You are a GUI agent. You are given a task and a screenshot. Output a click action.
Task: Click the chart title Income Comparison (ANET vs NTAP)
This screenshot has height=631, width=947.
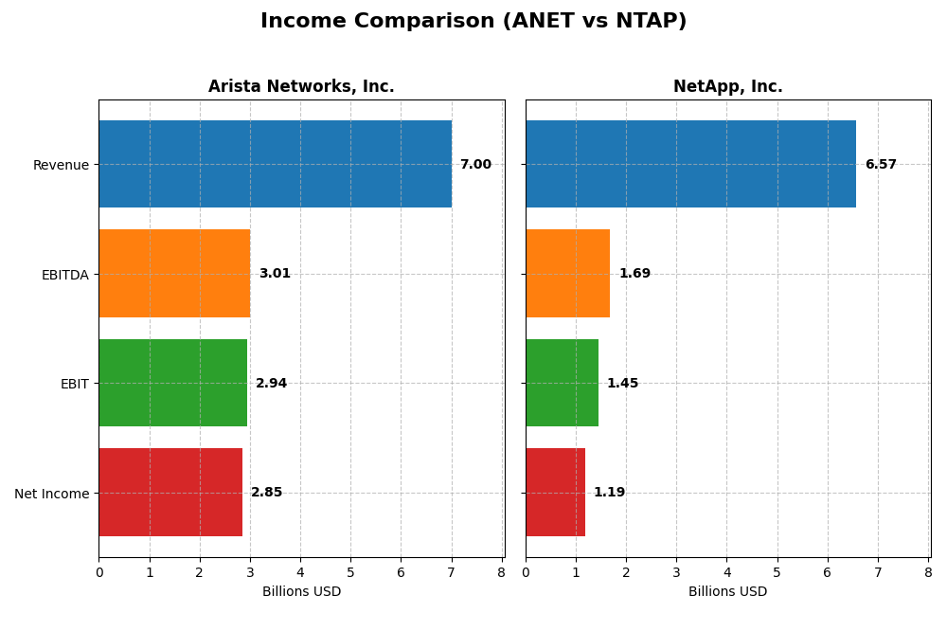point(473,21)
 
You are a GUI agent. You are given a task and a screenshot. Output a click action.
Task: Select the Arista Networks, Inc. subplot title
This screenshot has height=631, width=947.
point(301,86)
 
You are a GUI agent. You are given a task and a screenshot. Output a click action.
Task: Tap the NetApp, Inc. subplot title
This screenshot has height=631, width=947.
point(727,86)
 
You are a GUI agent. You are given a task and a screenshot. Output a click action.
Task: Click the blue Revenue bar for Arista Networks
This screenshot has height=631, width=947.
point(275,164)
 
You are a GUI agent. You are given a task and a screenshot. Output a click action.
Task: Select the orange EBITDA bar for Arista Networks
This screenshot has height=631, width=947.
point(174,273)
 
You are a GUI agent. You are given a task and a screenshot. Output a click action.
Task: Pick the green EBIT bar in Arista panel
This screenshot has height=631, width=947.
point(172,383)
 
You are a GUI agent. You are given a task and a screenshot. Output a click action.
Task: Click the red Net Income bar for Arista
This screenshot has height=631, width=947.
point(170,492)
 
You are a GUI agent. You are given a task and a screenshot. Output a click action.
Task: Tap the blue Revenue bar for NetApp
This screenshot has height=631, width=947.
point(690,164)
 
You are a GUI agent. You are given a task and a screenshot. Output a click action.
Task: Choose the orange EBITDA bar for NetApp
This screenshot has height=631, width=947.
point(567,273)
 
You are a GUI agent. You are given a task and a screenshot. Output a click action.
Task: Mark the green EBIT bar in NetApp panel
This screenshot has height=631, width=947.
point(562,383)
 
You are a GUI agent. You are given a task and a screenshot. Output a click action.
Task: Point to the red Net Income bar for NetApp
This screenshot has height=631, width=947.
point(555,492)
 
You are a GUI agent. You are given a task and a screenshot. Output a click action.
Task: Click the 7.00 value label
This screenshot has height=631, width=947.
point(475,165)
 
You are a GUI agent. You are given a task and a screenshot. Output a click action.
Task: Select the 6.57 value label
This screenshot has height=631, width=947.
point(881,165)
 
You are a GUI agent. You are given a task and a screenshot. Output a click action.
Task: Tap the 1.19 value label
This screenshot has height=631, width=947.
point(609,493)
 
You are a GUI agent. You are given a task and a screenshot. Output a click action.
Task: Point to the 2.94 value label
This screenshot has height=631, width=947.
point(271,384)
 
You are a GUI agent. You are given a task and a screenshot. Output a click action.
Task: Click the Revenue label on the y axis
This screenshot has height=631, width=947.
point(61,165)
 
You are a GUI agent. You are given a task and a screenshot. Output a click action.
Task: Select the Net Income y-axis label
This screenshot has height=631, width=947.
point(51,494)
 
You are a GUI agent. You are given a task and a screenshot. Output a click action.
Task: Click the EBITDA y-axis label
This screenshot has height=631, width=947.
point(64,275)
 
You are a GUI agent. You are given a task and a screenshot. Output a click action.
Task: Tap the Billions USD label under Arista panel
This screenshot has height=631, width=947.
point(301,592)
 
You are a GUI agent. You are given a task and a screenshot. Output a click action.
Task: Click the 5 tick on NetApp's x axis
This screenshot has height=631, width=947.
point(777,572)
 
